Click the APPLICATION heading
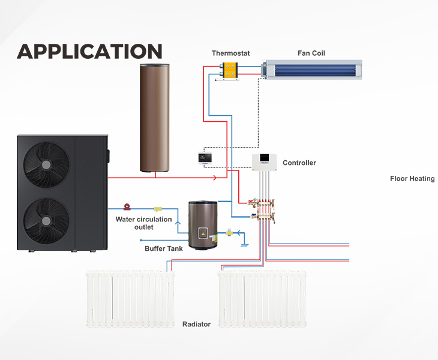point(89,51)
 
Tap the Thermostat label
point(230,53)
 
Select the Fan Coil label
point(311,53)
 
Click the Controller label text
point(299,163)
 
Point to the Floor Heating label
point(412,179)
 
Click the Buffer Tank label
point(163,248)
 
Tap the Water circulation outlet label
point(143,223)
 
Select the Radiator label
point(196,324)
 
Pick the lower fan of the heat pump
point(46,220)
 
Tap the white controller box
point(264,161)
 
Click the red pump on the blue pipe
point(127,206)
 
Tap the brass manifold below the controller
point(265,207)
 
